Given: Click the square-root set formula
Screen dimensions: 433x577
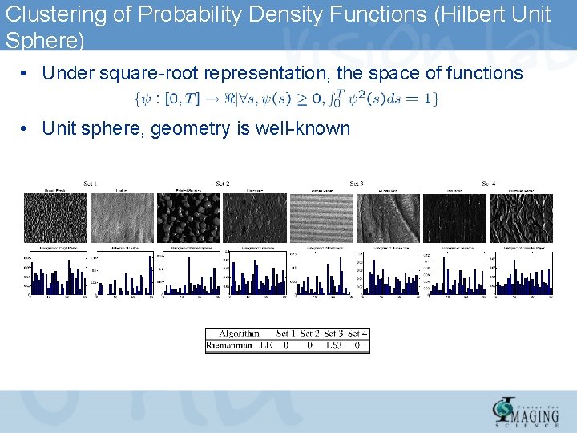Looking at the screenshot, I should pyautogui.click(x=284, y=99).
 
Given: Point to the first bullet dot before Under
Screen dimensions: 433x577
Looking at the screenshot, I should pyautogui.click(x=26, y=74).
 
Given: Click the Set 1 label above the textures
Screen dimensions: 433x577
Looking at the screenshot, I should pyautogui.click(x=90, y=184).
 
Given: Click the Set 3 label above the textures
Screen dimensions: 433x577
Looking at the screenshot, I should pyautogui.click(x=357, y=184).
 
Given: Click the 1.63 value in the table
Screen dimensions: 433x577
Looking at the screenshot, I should pyautogui.click(x=333, y=346).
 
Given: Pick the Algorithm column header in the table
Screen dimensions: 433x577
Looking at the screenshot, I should pyautogui.click(x=239, y=334).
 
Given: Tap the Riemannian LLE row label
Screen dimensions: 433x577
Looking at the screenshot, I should pyautogui.click(x=239, y=346).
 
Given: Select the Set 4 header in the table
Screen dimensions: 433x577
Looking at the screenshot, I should pyautogui.click(x=358, y=334).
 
